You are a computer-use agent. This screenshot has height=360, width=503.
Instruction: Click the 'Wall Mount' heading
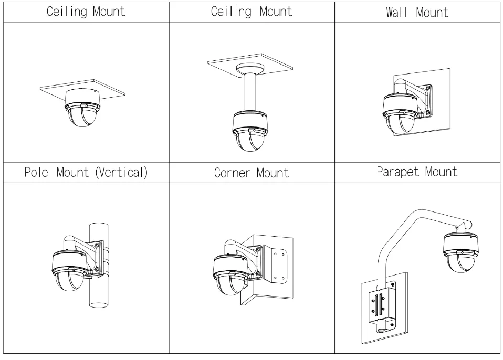click(x=417, y=12)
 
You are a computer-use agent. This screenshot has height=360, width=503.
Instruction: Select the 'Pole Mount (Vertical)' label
click(x=86, y=172)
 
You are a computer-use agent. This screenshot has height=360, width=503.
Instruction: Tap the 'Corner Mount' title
click(x=251, y=173)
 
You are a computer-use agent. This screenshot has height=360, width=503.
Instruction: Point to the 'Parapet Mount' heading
click(x=417, y=172)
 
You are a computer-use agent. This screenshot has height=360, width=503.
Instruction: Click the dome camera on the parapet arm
click(x=460, y=251)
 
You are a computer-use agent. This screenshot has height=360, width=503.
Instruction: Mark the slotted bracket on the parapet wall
click(x=385, y=307)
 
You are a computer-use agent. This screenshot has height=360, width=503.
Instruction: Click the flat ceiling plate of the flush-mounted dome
click(x=113, y=89)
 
